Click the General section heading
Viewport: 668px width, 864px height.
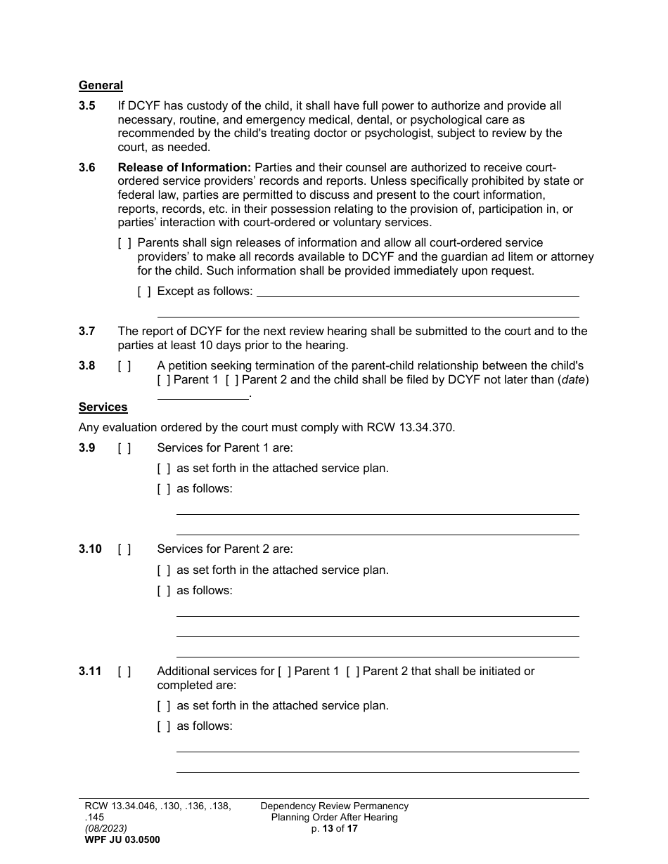click(x=101, y=86)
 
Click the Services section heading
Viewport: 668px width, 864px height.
click(x=103, y=407)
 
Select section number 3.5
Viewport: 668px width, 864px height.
click(x=87, y=106)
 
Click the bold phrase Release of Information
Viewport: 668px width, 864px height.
click(x=184, y=168)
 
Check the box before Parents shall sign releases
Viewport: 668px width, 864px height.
click(x=124, y=243)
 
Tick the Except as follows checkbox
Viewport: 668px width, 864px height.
click(x=144, y=291)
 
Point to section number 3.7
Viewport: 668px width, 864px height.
click(x=87, y=332)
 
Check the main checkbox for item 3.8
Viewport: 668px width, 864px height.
click(x=124, y=366)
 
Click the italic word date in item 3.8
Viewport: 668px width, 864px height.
click(x=572, y=380)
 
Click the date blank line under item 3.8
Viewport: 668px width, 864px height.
click(x=203, y=395)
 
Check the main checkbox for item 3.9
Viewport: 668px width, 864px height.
click(x=124, y=448)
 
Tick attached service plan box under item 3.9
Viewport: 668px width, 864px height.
click(x=164, y=469)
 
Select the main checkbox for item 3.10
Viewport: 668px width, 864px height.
click(x=124, y=549)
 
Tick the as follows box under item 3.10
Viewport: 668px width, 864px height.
click(x=164, y=591)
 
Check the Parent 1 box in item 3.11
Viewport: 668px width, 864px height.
click(x=285, y=672)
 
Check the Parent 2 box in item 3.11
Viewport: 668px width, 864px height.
click(x=353, y=672)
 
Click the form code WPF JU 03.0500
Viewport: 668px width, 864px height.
click(x=122, y=839)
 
